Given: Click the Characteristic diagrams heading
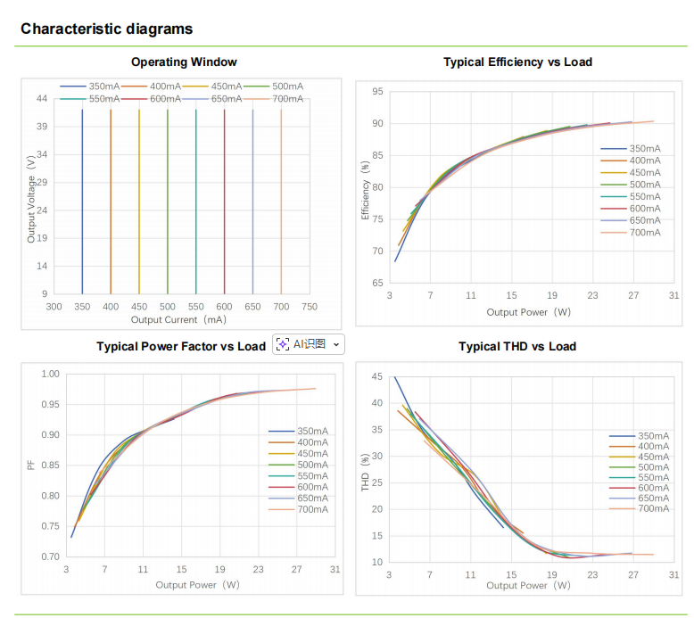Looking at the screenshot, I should pos(106,29).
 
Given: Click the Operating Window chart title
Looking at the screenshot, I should pos(184,62).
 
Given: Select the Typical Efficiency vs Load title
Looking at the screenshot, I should pos(517,62).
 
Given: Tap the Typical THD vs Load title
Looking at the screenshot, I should pos(517,346).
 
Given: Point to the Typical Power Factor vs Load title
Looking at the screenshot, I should pos(181,346).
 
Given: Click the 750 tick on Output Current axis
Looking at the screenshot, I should pos(309,307).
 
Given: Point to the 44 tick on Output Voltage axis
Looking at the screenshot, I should pos(43,99).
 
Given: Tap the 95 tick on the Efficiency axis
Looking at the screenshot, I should pos(378,92).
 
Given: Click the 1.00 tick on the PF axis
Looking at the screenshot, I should pos(50,374).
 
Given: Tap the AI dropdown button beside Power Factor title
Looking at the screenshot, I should pos(308,344).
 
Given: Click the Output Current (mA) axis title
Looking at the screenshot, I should pos(178,319).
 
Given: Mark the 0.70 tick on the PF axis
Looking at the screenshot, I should pos(50,556).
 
